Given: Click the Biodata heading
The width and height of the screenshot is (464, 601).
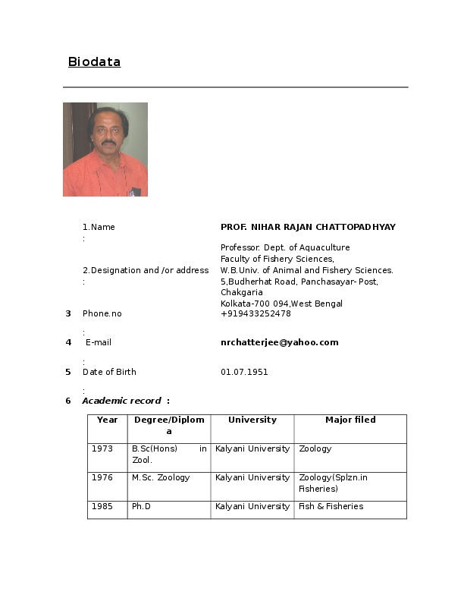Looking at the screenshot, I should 94,62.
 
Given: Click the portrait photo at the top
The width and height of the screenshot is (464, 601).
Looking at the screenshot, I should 105,149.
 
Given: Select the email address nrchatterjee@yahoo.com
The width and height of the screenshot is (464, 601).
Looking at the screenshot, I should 279,342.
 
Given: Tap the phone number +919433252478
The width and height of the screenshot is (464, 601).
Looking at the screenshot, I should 256,313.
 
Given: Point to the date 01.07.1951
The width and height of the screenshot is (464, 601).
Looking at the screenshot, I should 244,372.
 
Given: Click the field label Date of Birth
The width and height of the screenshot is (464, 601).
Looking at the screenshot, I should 109,372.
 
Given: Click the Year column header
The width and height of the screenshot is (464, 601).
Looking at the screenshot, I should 108,420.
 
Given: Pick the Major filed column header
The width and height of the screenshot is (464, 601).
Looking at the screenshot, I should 350,420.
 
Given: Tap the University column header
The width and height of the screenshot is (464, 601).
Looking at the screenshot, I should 252,420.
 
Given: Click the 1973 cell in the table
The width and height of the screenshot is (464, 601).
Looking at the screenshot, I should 102,448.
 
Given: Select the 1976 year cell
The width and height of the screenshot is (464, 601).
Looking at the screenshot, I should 102,477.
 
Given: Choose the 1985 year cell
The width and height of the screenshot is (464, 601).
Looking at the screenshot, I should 102,506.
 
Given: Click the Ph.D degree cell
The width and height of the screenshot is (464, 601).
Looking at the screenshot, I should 141,506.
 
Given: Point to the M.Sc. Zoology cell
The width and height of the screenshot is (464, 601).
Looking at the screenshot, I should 161,477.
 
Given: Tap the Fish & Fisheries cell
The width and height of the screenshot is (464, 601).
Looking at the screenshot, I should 331,506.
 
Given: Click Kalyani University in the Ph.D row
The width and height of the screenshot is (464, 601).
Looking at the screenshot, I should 252,506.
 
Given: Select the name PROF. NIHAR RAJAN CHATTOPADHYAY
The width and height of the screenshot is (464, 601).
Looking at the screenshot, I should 308,227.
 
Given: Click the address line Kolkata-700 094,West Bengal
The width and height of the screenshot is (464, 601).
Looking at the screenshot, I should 281,304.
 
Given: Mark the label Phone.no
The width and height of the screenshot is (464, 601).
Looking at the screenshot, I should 102,313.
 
